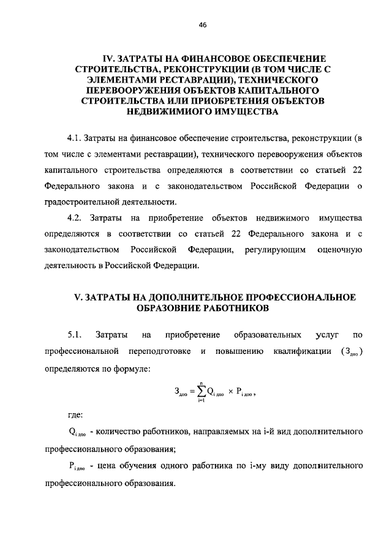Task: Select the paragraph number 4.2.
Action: coord(75,219)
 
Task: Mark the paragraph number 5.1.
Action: coord(75,335)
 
